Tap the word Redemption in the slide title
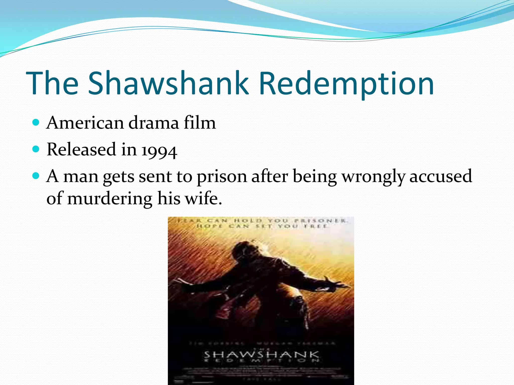click(x=346, y=83)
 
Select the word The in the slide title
click(x=52, y=83)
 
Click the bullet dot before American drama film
click(x=36, y=122)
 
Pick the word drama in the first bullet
click(x=154, y=123)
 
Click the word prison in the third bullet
click(x=222, y=177)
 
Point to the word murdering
click(x=109, y=199)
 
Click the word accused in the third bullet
click(x=441, y=176)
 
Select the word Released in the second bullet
click(x=81, y=149)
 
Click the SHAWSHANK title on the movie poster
click(x=261, y=355)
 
